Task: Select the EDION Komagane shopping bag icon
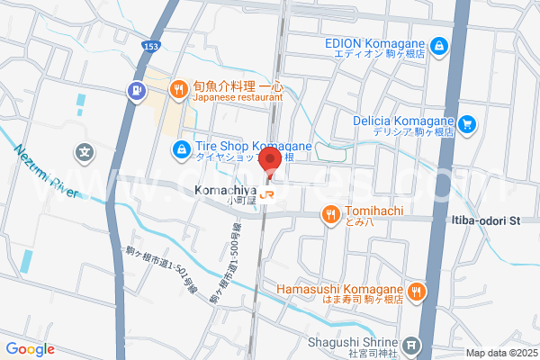(x=436, y=44)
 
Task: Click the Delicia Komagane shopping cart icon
(x=466, y=125)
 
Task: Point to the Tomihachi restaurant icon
(x=330, y=214)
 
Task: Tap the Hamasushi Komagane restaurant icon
(x=416, y=290)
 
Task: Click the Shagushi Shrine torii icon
(x=411, y=344)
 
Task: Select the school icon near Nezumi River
(x=85, y=154)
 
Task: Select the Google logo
(x=29, y=349)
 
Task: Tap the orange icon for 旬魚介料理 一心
(x=179, y=89)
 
